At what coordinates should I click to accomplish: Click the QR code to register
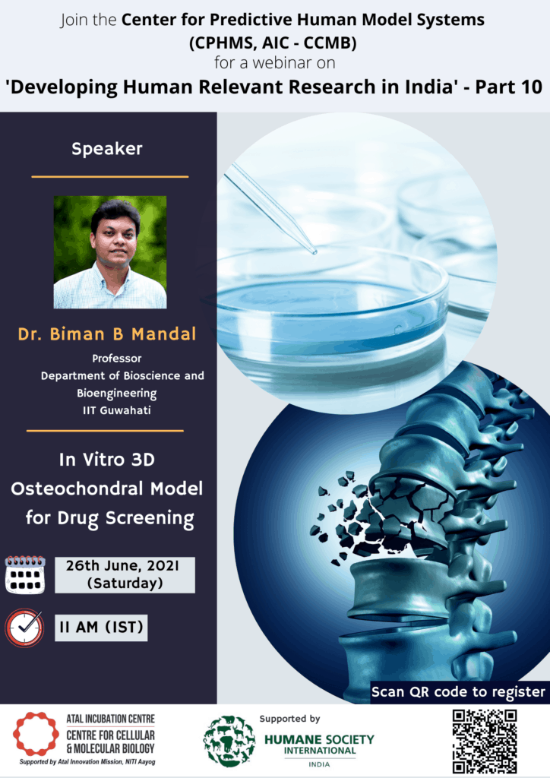point(484,740)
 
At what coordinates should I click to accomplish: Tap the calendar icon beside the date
point(25,575)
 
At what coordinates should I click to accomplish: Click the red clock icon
point(24,628)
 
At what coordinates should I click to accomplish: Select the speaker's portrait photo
point(110,252)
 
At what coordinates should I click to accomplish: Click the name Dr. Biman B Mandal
point(107,334)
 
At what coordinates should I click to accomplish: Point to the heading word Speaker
point(107,149)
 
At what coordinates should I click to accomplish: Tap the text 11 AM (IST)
point(101,627)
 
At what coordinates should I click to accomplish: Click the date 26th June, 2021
point(122,565)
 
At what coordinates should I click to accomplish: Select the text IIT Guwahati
point(116,410)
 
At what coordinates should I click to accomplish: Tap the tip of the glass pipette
point(314,252)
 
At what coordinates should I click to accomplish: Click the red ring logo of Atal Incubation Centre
point(36,735)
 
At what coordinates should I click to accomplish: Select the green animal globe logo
point(229,741)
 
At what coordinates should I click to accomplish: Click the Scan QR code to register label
point(458,691)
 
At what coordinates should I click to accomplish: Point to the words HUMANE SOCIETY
point(319,740)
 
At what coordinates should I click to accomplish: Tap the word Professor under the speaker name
point(116,359)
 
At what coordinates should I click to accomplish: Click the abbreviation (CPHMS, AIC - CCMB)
point(273,43)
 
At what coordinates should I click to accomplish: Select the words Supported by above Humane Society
point(289,719)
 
